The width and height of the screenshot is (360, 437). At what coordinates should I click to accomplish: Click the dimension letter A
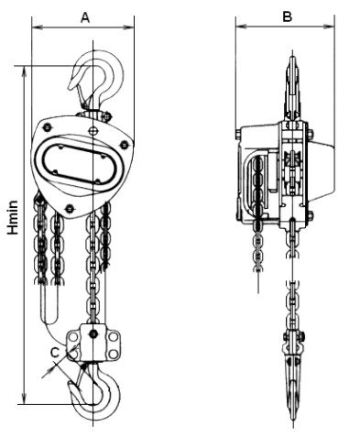85,17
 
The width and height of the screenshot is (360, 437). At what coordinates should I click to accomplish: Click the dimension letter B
287,16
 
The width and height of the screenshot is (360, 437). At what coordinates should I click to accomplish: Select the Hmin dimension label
13,217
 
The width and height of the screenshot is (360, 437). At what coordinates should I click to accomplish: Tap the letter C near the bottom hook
55,353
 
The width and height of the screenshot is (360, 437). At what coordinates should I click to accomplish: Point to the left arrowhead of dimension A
38,27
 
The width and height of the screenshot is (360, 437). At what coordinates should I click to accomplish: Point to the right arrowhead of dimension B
329,27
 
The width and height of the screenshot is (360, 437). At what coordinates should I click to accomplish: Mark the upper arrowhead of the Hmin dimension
25,71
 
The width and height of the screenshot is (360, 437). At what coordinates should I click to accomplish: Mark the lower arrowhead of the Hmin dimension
24,399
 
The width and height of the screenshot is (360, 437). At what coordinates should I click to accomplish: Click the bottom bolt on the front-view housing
70,209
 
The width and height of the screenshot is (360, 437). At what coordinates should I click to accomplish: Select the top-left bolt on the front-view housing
47,126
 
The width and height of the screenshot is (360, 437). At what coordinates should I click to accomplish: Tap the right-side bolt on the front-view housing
124,145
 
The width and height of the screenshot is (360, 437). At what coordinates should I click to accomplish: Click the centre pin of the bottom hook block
93,333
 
